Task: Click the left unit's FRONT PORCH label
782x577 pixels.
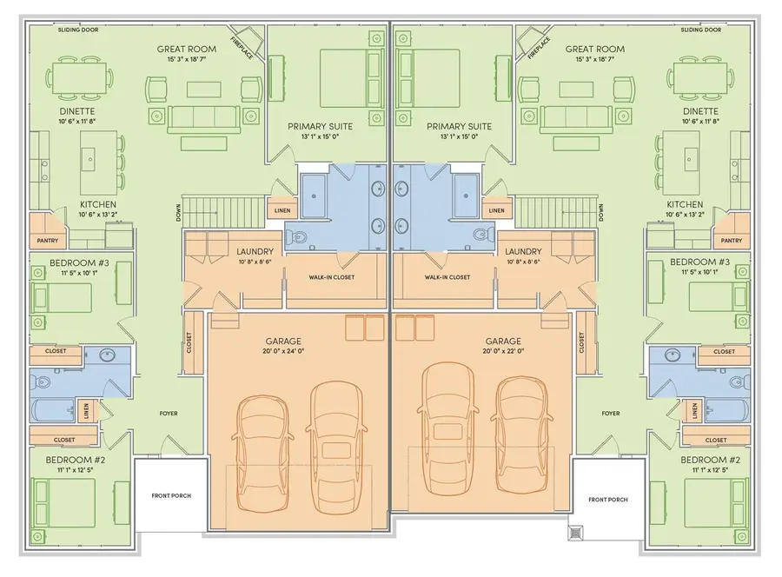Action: click(x=170, y=495)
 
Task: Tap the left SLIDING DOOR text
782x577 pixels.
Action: click(x=78, y=30)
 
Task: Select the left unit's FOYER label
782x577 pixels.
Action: click(x=168, y=413)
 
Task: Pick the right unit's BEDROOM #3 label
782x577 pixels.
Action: click(x=705, y=262)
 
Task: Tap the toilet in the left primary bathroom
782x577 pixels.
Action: click(x=295, y=235)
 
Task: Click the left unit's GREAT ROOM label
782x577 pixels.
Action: click(x=186, y=50)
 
